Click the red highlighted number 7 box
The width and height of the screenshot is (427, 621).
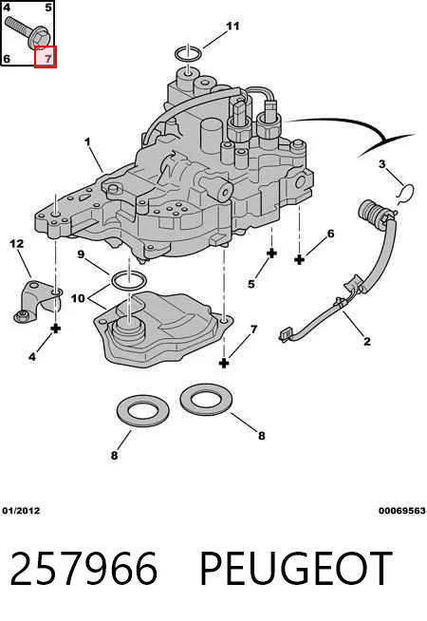(46, 57)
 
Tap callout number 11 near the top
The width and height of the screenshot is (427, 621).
(232, 26)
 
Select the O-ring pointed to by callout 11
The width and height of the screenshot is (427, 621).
(189, 53)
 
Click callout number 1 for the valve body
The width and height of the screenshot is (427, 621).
(87, 141)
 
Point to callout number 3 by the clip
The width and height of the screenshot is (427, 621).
(381, 163)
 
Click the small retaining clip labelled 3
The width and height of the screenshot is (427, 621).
(406, 195)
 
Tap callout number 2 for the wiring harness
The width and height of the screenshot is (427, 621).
(367, 341)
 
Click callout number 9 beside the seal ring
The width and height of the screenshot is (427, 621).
(81, 254)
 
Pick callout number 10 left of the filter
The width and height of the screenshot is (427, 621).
(78, 297)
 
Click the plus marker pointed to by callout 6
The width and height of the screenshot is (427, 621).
(300, 260)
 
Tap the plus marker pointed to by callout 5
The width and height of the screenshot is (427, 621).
(272, 254)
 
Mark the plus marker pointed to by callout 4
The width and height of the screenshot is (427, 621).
(56, 329)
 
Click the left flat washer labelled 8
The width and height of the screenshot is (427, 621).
(143, 412)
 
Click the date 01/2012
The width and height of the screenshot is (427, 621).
(21, 511)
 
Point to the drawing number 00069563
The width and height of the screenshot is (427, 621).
(401, 511)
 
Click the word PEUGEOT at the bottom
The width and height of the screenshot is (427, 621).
(296, 569)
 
